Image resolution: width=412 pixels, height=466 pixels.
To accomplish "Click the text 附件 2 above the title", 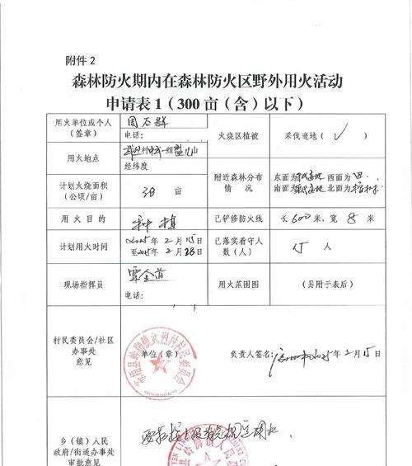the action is pos(81,60).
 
